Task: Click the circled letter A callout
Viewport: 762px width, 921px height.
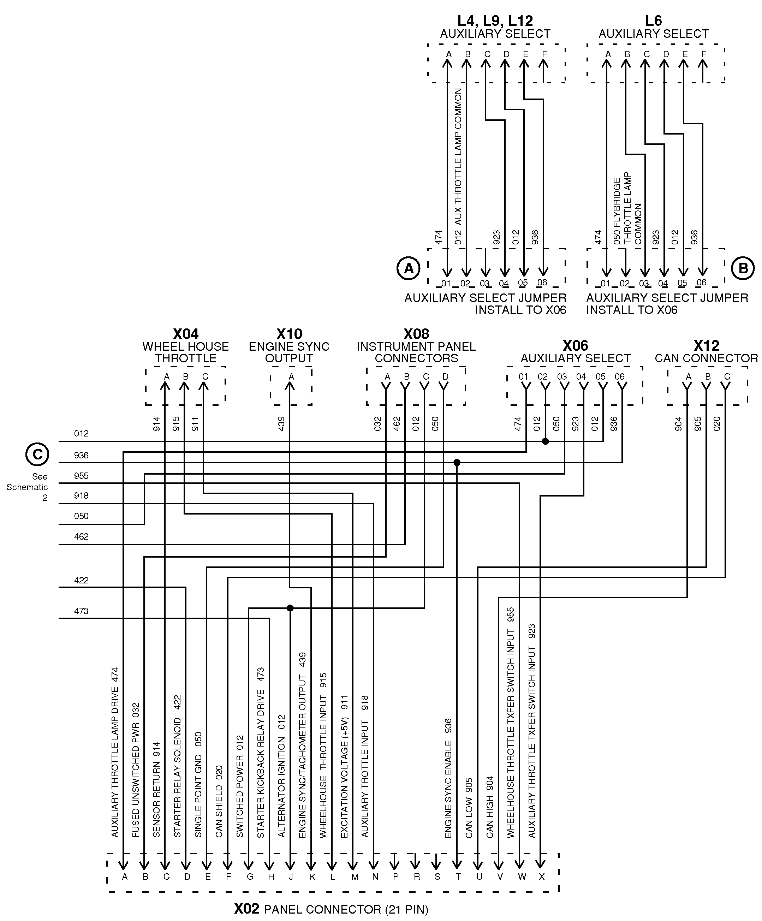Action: click(408, 268)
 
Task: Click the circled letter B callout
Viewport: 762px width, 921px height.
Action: click(743, 268)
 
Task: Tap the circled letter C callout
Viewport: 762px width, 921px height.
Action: click(37, 454)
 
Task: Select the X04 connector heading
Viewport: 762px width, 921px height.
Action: click(185, 334)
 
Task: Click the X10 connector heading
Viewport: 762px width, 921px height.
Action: click(289, 334)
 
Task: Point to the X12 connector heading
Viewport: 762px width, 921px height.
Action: click(706, 346)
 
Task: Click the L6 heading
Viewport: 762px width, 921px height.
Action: click(653, 20)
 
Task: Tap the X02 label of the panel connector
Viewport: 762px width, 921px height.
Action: click(247, 908)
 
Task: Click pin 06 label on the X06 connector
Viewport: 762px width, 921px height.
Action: click(619, 377)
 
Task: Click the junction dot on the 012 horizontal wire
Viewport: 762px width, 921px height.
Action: click(545, 441)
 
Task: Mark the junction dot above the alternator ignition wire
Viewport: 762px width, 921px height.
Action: click(290, 608)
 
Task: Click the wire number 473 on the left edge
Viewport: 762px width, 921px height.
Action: click(81, 611)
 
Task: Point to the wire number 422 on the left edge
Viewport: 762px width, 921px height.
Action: click(81, 580)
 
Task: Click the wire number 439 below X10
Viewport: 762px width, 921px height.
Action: click(281, 423)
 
